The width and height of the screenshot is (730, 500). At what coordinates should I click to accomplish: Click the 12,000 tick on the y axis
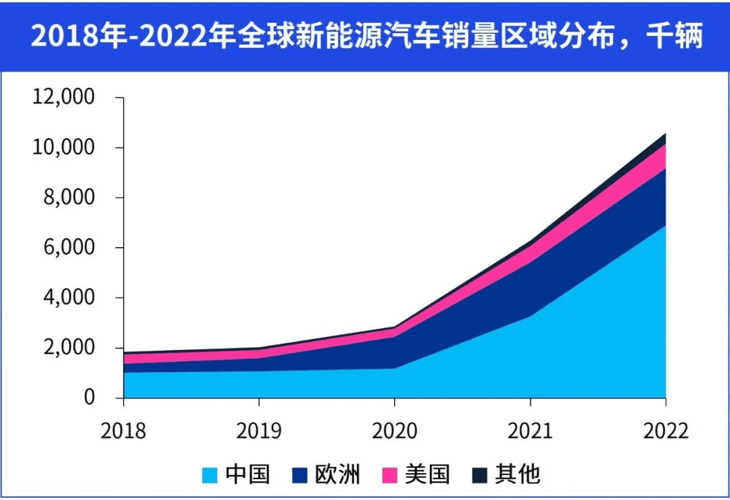(x=63, y=97)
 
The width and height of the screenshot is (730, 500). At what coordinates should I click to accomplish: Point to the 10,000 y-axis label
(x=63, y=147)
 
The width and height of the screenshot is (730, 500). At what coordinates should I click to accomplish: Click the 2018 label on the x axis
(x=123, y=431)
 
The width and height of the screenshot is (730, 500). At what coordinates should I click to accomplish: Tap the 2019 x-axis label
(x=259, y=431)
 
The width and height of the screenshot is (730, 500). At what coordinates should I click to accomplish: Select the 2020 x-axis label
(x=395, y=431)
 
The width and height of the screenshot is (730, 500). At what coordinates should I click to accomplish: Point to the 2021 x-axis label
(x=530, y=431)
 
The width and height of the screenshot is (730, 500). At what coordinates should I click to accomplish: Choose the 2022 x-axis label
(x=665, y=431)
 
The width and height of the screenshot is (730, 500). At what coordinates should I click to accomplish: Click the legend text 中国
(x=247, y=474)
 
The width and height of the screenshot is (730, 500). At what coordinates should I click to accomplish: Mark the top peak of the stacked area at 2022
(x=665, y=134)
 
